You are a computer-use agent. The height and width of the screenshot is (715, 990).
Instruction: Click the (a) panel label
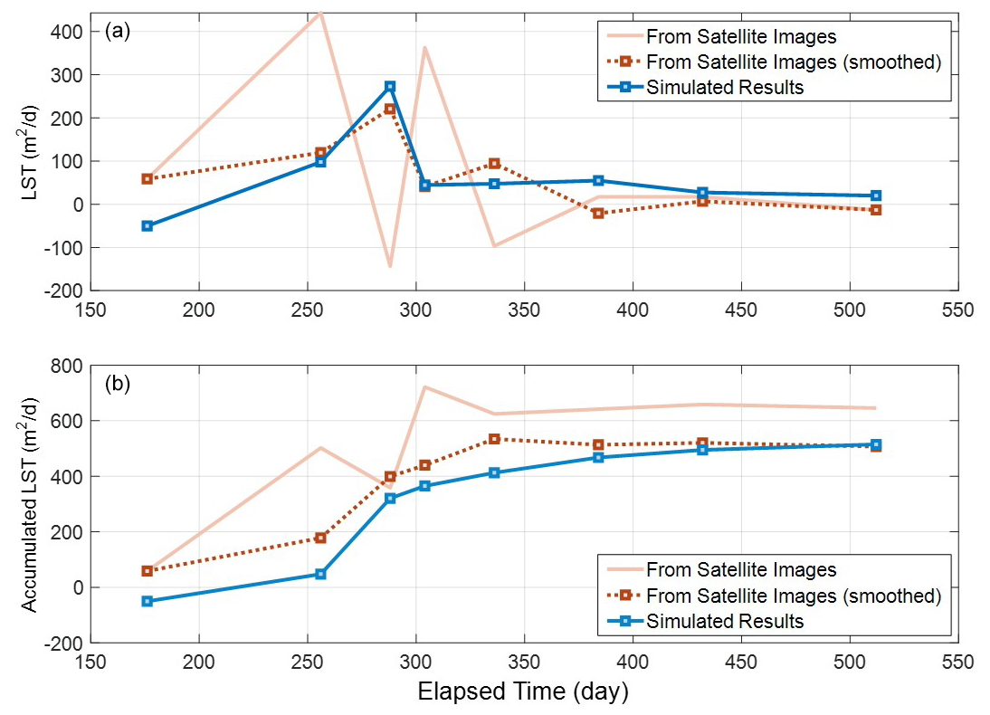pyautogui.click(x=118, y=31)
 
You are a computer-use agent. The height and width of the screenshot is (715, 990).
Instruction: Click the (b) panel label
pyautogui.click(x=118, y=383)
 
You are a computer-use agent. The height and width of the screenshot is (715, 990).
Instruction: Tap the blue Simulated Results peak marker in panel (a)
pyautogui.click(x=390, y=87)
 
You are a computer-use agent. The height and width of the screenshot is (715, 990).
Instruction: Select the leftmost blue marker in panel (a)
pyautogui.click(x=148, y=225)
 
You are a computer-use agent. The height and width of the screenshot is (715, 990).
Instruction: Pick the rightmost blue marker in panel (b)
pyautogui.click(x=876, y=444)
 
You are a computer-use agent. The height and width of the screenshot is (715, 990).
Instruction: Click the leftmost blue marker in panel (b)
pyautogui.click(x=148, y=601)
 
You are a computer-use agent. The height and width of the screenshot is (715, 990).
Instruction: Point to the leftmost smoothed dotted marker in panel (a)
pyautogui.click(x=148, y=179)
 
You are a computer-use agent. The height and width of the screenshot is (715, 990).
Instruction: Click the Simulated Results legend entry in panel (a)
pyautogui.click(x=724, y=88)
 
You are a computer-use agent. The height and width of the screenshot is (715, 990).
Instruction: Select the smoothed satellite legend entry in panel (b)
pyautogui.click(x=793, y=596)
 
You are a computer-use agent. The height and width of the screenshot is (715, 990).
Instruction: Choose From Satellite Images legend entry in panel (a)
pyautogui.click(x=740, y=37)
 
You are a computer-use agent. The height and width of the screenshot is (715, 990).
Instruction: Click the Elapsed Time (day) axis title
pyautogui.click(x=523, y=692)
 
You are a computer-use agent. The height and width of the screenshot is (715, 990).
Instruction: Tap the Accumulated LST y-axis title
pyautogui.click(x=30, y=503)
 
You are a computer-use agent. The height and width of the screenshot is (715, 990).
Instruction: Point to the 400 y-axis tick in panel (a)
pyautogui.click(x=68, y=32)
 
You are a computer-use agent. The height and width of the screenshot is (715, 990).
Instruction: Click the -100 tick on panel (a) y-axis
pyautogui.click(x=64, y=247)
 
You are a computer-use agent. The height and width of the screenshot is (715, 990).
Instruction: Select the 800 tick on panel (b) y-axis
pyautogui.click(x=68, y=366)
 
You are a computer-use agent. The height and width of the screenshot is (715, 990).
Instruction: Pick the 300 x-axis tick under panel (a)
pyautogui.click(x=415, y=310)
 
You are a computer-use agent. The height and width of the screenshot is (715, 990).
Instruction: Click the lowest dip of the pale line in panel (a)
pyautogui.click(x=390, y=266)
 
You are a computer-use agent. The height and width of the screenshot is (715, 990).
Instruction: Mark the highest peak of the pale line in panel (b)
pyautogui.click(x=424, y=387)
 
